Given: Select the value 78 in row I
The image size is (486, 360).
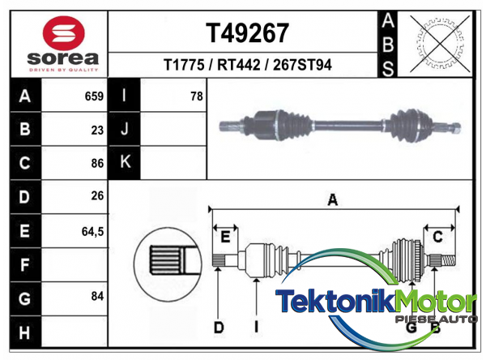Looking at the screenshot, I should pos(195,96).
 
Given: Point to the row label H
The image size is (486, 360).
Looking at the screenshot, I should pos(23,332).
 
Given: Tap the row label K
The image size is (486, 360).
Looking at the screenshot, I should pos(125,162).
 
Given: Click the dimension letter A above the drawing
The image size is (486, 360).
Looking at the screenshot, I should pos(331,200).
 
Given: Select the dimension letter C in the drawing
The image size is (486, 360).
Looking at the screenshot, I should pos(437,236).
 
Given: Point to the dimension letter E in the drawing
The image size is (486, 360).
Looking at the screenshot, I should pos(226,236).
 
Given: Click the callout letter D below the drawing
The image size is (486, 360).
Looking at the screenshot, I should pos(219,328).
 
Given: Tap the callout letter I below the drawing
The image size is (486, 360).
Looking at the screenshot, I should pos(256,328).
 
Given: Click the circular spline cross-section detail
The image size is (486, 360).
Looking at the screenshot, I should pos(165,260).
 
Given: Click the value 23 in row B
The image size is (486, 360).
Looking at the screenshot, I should pos(97,130).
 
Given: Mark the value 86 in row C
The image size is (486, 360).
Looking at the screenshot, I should pos(97,163).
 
